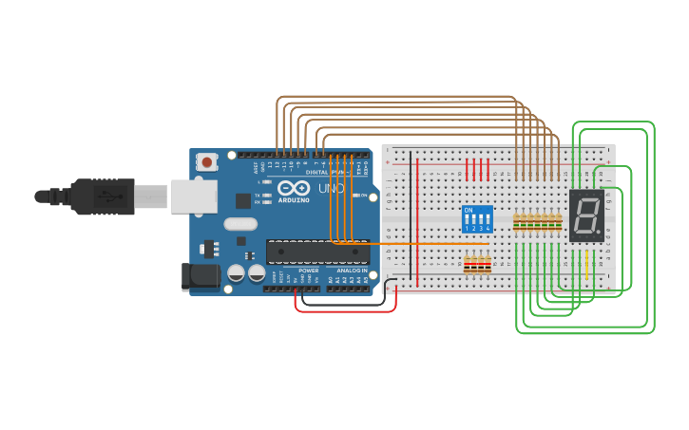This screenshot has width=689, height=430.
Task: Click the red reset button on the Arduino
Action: coord(206,162)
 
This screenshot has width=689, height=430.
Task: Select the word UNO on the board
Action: coord(331,189)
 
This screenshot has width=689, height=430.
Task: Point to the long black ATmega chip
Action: coord(316,252)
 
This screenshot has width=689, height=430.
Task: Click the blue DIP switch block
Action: coord(477,219)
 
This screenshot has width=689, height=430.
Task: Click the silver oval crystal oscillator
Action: coord(240,225)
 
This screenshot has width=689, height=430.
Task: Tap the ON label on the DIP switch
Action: coord(468,210)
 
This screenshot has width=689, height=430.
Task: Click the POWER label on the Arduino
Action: coord(309,271)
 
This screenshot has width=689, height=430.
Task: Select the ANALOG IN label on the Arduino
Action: coord(352,271)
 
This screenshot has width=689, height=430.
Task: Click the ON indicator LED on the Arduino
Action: coord(355,195)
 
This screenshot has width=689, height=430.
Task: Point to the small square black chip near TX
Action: coord(243,200)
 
